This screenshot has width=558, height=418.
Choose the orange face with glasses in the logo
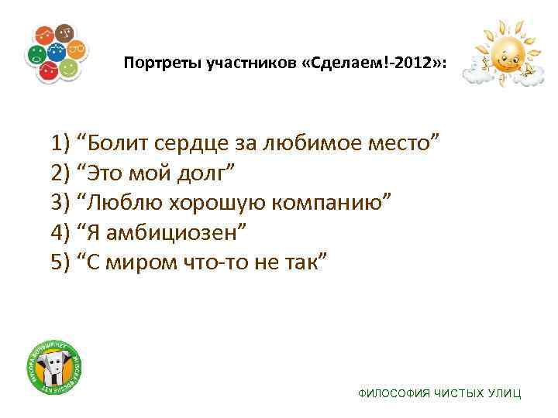click(x=76, y=51)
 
